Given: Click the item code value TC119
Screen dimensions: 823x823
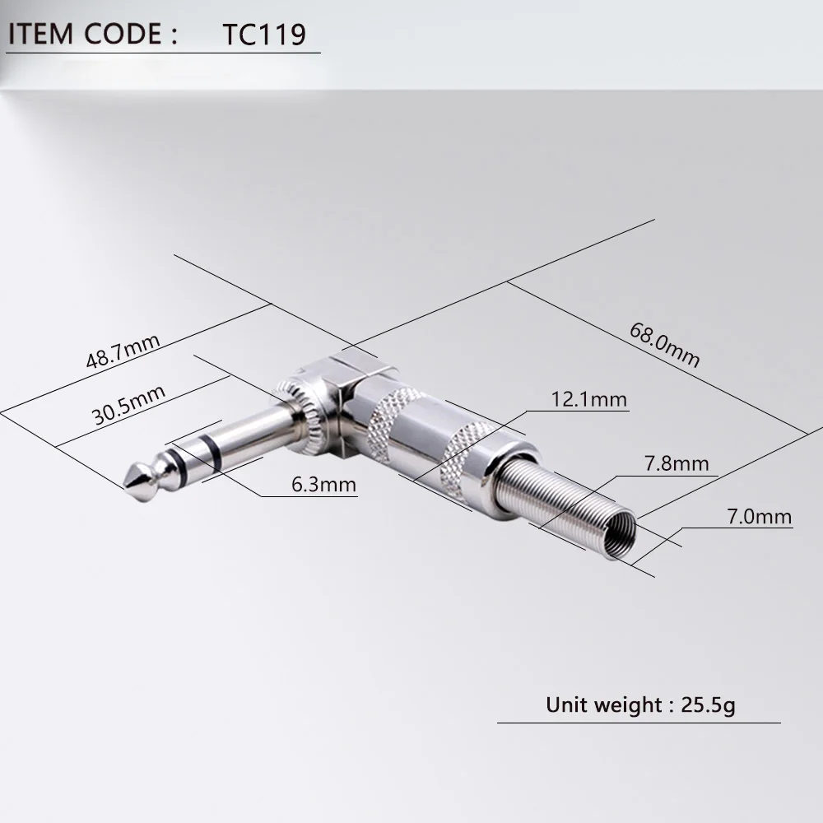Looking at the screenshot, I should (x=264, y=35).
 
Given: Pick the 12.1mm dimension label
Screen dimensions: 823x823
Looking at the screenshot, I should (x=588, y=400).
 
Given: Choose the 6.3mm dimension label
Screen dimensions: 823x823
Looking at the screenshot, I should (x=324, y=485).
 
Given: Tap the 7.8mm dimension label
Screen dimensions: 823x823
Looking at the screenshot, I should (x=676, y=464).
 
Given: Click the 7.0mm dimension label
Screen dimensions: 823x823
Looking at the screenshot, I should (x=758, y=517).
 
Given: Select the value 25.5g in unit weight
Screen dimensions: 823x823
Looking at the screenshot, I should (x=709, y=705).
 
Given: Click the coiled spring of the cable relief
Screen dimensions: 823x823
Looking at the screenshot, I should (x=568, y=502).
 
